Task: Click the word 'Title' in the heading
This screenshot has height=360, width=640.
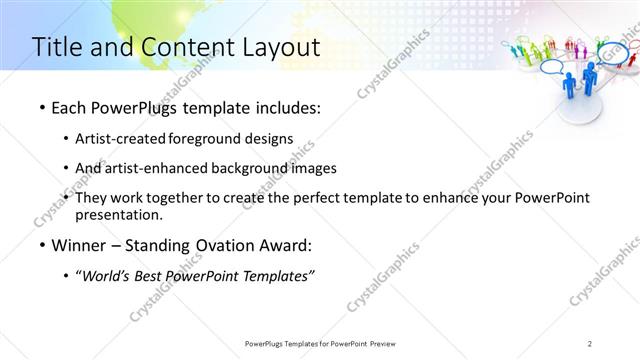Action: (59, 47)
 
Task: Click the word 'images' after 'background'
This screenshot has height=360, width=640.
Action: (329, 168)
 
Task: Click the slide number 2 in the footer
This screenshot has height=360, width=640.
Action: (590, 344)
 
